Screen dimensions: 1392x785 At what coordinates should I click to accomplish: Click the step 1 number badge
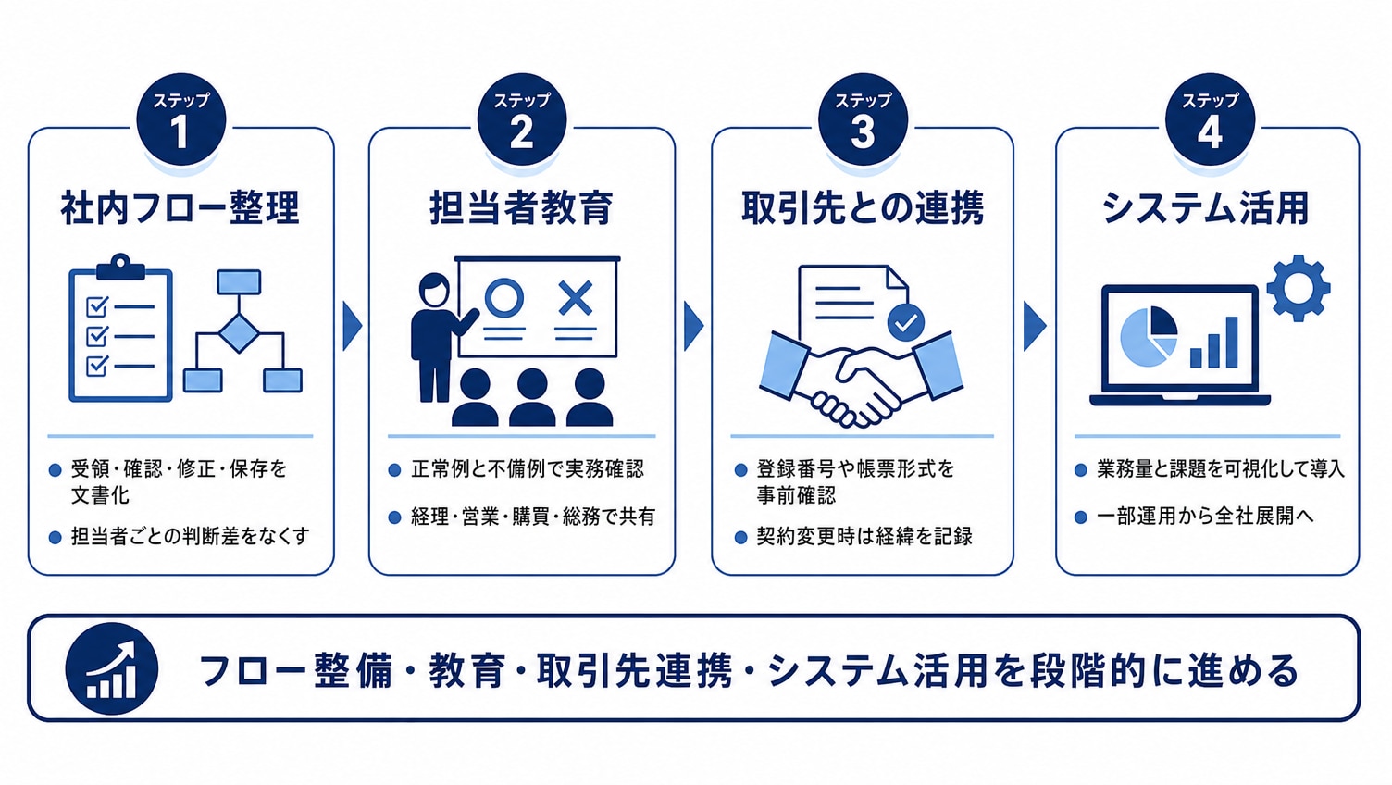point(180,120)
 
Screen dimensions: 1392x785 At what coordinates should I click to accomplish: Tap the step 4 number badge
point(1210,120)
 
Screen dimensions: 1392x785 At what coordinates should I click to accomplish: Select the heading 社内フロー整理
point(180,207)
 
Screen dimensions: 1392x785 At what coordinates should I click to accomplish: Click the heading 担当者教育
point(521,207)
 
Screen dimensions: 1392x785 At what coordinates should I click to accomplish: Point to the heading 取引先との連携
point(863,207)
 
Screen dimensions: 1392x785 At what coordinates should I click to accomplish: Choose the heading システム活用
point(1206,207)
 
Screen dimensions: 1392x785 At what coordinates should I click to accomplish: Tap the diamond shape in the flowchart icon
point(239,334)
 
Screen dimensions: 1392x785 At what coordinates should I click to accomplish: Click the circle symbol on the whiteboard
point(504,299)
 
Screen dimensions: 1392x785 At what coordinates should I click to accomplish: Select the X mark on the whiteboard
point(576,298)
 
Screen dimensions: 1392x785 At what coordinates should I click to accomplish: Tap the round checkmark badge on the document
point(906,322)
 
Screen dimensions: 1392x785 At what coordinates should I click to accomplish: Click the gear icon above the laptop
point(1299,288)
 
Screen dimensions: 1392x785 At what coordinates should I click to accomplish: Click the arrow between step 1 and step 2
point(352,326)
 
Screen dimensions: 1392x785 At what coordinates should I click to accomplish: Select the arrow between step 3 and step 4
point(1034,326)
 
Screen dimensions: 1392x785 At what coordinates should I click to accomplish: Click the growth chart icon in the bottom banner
point(112,668)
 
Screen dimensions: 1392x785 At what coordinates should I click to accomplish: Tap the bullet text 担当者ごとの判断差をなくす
point(190,536)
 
